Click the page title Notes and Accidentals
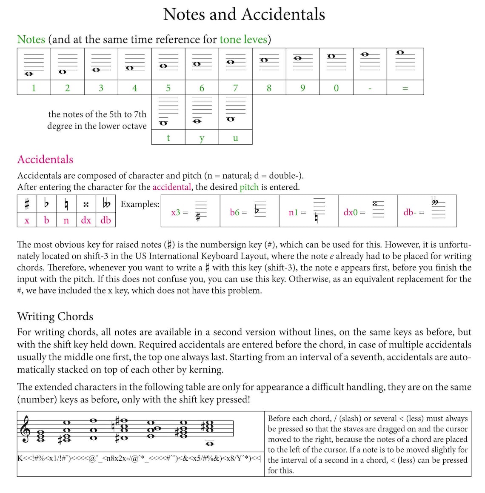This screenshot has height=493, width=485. pos(244,14)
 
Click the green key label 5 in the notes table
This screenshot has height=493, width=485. pos(168,88)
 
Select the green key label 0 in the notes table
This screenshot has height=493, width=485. pos(336,88)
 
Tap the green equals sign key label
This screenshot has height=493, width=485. pos(405,88)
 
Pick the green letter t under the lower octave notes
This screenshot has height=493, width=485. pos(168,138)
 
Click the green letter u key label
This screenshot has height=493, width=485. pos(235,138)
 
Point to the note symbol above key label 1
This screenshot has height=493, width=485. pos(29,74)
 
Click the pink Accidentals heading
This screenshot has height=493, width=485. pos(45,160)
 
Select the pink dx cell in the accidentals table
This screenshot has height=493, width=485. pos(86,220)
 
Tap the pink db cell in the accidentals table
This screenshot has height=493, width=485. pos(106,220)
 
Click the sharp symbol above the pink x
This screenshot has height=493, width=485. pos(27,205)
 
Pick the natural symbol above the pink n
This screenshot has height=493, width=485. pos(66,205)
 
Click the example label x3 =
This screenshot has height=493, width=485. pos(179,212)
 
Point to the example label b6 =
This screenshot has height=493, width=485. pos(238,212)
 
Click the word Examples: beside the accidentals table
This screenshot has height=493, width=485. pos(140,204)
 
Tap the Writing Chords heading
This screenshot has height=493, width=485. pos(55,316)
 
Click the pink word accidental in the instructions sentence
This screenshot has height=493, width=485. pos(171,187)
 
